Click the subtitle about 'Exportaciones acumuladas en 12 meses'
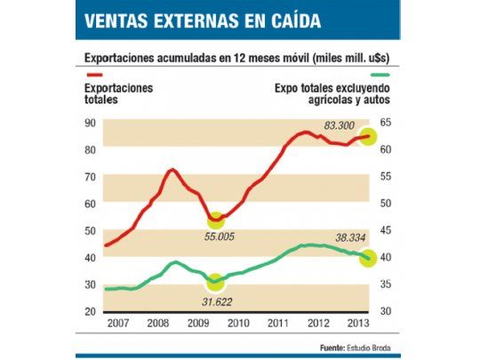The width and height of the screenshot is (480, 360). coord(240,58)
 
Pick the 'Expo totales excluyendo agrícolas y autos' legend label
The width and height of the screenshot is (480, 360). coord(332,94)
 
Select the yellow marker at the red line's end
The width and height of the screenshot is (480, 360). coord(369,138)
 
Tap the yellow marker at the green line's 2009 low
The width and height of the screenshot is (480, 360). coord(214,283)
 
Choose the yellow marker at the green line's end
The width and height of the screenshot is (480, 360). coord(368,258)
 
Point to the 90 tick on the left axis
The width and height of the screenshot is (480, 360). coord(89,123)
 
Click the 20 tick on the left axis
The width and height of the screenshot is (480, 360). coord(89,312)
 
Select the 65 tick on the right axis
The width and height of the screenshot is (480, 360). coord(385,123)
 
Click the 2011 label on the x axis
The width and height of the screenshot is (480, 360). coord(276,323)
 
